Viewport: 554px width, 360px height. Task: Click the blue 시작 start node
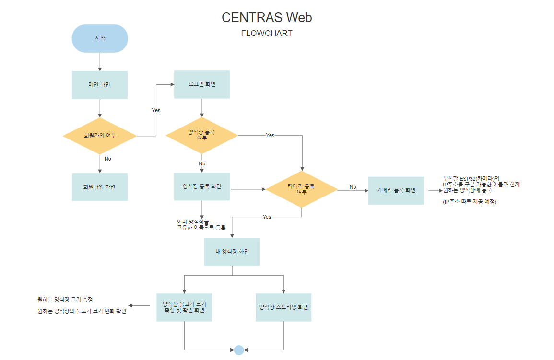tap(100, 38)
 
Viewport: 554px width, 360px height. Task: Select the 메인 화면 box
tap(100, 85)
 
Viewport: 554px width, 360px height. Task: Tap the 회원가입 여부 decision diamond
tap(100, 136)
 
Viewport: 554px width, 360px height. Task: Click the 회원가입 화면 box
tap(100, 186)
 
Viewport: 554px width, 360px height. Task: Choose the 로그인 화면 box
tap(201, 84)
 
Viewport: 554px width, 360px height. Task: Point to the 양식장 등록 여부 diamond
tap(201, 135)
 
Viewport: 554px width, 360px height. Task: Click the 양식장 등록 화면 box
tap(201, 186)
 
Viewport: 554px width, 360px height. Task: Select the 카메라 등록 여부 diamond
tap(301, 189)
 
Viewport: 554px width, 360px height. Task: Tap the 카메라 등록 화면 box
tap(396, 190)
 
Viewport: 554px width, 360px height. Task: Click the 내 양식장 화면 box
tap(232, 251)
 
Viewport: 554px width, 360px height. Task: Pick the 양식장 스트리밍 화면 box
tap(283, 307)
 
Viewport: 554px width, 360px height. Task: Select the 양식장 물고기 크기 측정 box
tap(184, 307)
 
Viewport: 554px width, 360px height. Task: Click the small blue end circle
tap(239, 350)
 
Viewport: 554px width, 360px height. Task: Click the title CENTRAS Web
tap(267, 18)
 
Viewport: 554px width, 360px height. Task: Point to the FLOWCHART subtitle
tap(267, 34)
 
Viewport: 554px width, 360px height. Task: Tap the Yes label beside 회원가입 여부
tap(156, 110)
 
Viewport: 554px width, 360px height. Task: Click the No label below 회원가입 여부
tap(107, 159)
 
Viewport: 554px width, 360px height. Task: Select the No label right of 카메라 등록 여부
tap(353, 187)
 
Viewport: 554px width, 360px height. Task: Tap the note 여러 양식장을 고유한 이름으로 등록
tap(200, 224)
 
